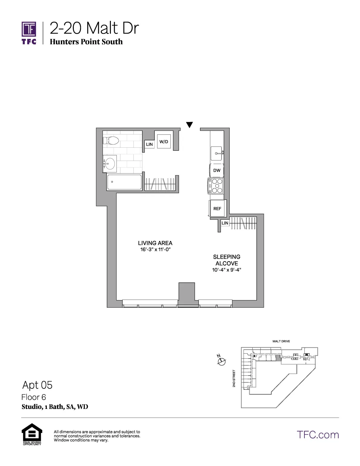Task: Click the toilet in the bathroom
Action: click(111, 141)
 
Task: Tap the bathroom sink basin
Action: click(110, 164)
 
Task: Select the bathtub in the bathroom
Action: click(124, 182)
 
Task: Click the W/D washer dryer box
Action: click(164, 142)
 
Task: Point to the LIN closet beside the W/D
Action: click(149, 144)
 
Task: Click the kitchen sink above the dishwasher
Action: click(217, 153)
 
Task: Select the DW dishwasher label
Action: click(217, 170)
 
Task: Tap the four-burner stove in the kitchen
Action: click(216, 186)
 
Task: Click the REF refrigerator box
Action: click(217, 208)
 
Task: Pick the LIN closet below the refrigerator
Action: click(225, 223)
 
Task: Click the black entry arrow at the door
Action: click(190, 125)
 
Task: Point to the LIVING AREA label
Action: click(155, 243)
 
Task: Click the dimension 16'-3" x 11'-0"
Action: click(155, 250)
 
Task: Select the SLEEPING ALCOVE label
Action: click(226, 260)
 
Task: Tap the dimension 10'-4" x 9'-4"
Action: click(226, 270)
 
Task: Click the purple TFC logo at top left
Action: click(29, 33)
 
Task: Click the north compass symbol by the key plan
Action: click(221, 360)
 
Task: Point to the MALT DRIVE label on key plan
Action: click(281, 341)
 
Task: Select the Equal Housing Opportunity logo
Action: click(32, 434)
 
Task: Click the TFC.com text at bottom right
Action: click(318, 435)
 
